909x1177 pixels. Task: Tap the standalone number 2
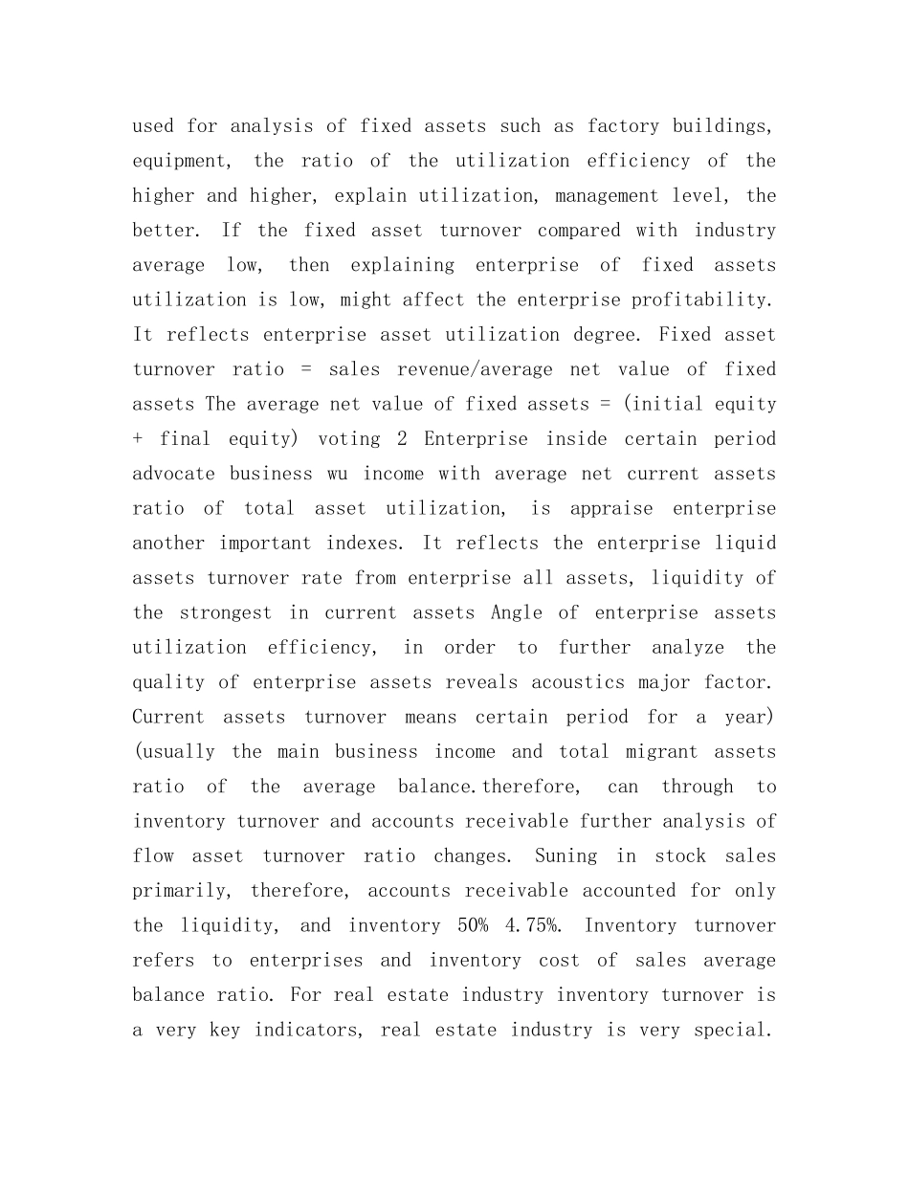tap(403, 439)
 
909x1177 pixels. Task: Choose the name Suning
tap(565, 856)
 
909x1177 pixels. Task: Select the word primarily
tap(180, 891)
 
